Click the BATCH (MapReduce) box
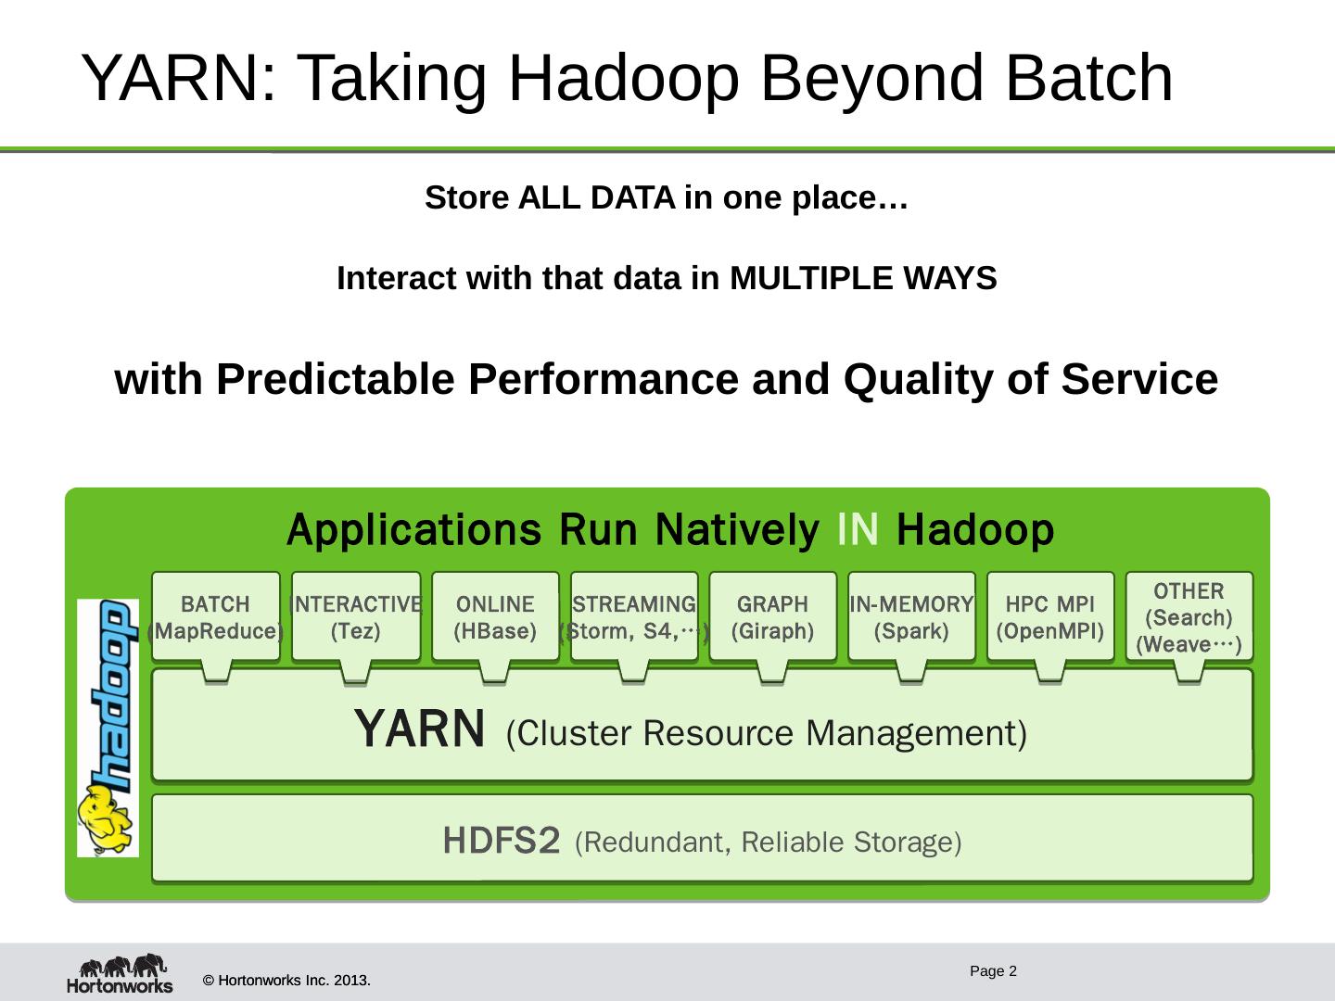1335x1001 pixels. pos(216,616)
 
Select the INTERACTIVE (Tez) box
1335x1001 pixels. pos(356,616)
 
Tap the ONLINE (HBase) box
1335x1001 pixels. pos(495,616)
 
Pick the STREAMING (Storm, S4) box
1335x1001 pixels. pos(634,616)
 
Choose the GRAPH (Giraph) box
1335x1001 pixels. pos(772,616)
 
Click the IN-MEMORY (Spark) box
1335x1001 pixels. pos(911,616)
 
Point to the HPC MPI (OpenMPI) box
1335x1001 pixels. pos(1050,616)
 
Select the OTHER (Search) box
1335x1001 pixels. pos(1189,616)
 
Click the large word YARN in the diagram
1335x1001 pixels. pos(420,729)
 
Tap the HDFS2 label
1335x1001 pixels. pos(502,842)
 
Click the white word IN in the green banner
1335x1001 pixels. pos(858,530)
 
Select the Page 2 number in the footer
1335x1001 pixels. pos(993,971)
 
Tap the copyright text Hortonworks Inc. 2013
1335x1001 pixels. pos(286,980)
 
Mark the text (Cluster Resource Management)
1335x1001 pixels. pos(767,733)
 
